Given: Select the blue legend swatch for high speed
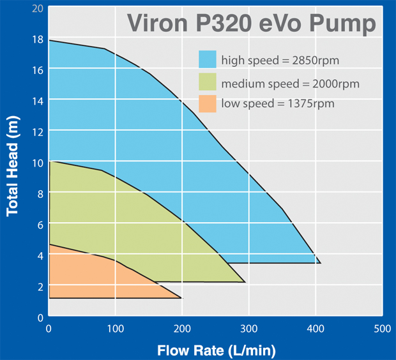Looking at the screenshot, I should click(208, 60).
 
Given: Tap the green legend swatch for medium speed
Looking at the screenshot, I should click(208, 83).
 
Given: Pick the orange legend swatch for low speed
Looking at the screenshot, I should click(208, 103).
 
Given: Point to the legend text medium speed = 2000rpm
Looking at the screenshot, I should click(290, 84).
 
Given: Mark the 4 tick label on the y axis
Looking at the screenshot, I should click(40, 255).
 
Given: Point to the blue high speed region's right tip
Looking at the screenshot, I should click(319, 262).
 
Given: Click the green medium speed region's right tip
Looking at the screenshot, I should click(245, 281).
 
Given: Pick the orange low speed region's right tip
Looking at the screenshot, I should click(181, 297).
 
